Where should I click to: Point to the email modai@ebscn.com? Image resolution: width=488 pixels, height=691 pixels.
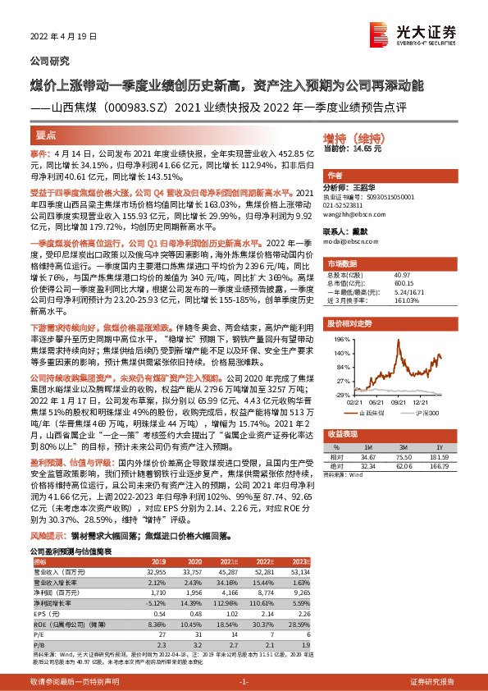(x=349, y=244)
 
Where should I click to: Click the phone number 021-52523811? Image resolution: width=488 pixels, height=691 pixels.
(x=348, y=205)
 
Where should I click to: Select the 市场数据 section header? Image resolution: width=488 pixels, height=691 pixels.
(x=344, y=264)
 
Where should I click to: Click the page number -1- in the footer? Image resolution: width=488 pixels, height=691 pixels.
(x=243, y=682)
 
